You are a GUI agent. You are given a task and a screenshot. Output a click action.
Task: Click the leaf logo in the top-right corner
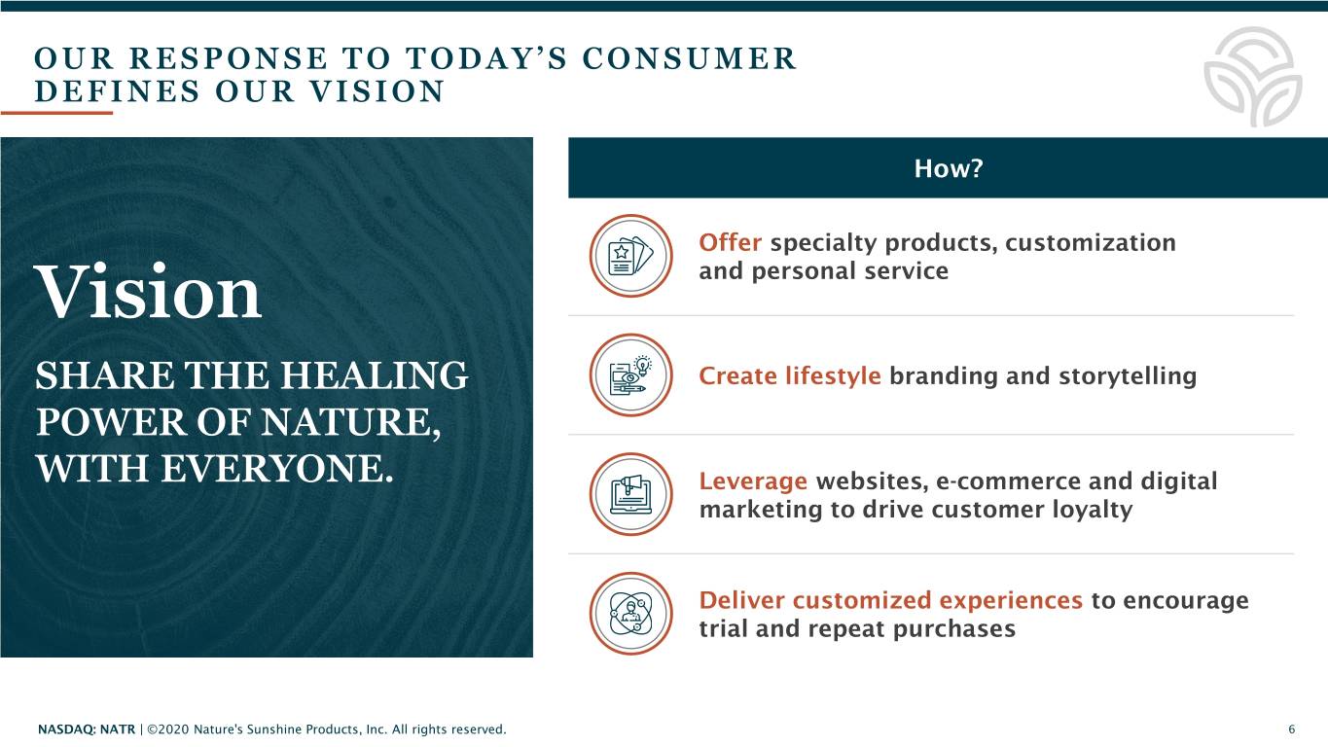coord(1253,77)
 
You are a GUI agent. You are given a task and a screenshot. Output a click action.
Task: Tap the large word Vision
coord(148,292)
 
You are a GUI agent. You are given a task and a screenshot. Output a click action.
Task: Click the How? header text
coord(949,168)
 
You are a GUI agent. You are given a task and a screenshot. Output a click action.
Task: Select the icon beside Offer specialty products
coord(630,256)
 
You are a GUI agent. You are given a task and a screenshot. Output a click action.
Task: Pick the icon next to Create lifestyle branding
coord(630,375)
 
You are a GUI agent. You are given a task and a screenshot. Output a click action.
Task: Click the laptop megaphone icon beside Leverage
coord(630,494)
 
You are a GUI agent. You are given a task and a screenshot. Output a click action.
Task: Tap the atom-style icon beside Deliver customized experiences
coord(630,614)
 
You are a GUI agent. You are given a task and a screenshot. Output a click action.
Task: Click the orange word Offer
coord(730,242)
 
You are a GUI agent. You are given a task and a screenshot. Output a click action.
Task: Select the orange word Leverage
coord(753,481)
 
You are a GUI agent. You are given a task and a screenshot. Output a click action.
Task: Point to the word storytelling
coord(1128,376)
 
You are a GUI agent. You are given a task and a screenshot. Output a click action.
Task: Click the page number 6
coord(1291,729)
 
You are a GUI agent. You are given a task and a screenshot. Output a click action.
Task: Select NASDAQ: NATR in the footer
coord(87,729)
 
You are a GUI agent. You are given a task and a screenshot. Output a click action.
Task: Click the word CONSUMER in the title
coord(689,58)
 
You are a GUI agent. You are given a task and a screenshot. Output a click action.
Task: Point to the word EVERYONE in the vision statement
coord(277,469)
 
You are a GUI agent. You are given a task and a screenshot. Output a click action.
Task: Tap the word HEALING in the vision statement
coord(375,375)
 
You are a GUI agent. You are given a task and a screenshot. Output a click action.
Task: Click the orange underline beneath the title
coord(56,112)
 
